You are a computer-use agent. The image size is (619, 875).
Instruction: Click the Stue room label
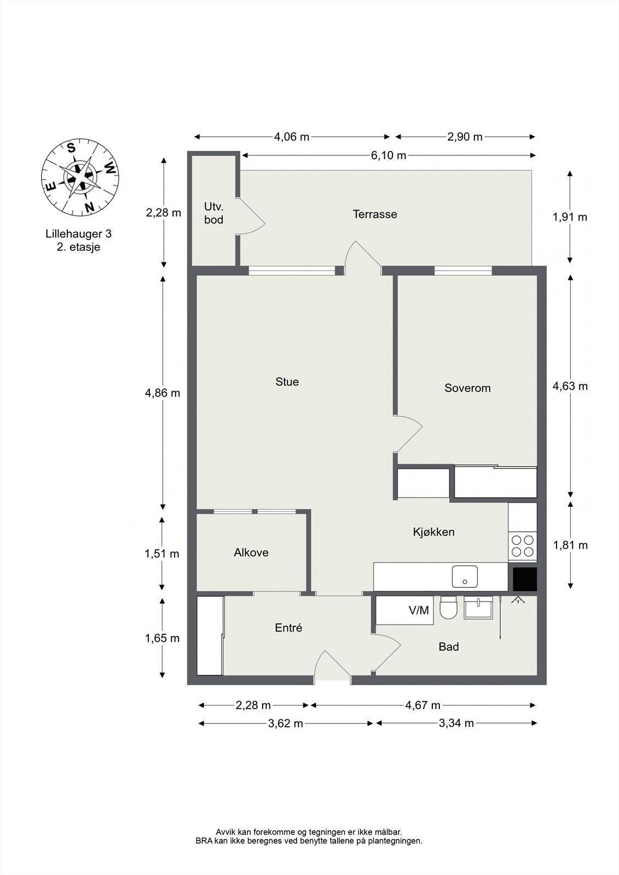[287, 382]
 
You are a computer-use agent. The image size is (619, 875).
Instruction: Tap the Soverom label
[467, 388]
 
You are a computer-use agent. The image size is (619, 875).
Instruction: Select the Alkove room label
[251, 552]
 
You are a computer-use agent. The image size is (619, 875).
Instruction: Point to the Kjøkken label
[433, 532]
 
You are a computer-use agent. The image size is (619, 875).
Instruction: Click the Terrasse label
[375, 214]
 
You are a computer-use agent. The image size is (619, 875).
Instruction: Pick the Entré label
[288, 628]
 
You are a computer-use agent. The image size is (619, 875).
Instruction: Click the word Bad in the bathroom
[449, 647]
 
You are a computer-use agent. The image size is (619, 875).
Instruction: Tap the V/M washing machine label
[419, 610]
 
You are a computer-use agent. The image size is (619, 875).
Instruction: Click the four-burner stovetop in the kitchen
[522, 546]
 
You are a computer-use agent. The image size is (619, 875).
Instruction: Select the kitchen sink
[465, 576]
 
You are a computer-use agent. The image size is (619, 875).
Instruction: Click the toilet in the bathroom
[449, 608]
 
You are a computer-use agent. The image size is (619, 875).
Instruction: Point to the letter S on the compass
[71, 147]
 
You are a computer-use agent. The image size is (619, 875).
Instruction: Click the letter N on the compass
[89, 207]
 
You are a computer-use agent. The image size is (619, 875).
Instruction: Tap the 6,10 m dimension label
[389, 155]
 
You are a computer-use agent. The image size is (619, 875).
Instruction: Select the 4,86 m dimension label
[163, 393]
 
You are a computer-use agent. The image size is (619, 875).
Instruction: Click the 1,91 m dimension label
[570, 217]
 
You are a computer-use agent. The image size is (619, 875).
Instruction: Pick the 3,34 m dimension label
[456, 723]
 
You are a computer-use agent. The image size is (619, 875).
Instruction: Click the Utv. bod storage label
[213, 213]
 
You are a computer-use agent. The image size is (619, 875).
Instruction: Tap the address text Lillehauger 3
[78, 234]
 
